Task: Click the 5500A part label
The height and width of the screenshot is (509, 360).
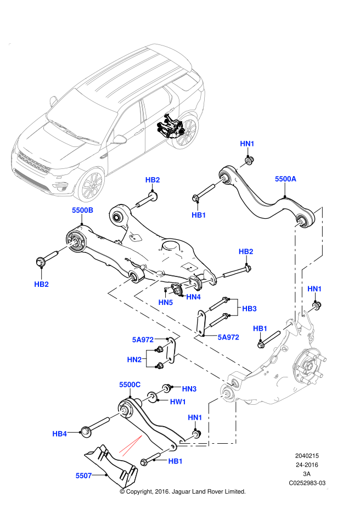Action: click(285, 179)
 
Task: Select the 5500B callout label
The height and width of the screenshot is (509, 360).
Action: click(82, 210)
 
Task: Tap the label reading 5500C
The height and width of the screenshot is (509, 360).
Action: click(130, 384)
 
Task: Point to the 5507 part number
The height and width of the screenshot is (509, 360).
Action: click(83, 476)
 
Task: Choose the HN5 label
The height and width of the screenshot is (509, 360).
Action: click(165, 302)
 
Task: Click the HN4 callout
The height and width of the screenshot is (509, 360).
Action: click(193, 297)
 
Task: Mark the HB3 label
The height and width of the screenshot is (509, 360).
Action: click(249, 309)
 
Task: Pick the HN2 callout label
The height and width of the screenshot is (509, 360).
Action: click(134, 360)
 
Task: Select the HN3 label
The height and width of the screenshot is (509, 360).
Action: click(189, 389)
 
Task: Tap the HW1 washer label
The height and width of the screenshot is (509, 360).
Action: click(178, 402)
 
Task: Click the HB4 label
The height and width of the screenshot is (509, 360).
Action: click(59, 434)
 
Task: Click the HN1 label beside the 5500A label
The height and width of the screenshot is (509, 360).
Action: click(247, 144)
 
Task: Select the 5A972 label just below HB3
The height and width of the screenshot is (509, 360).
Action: click(228, 337)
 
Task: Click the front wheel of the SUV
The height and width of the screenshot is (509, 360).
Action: click(91, 185)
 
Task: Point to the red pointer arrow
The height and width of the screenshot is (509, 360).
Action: click(131, 445)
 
